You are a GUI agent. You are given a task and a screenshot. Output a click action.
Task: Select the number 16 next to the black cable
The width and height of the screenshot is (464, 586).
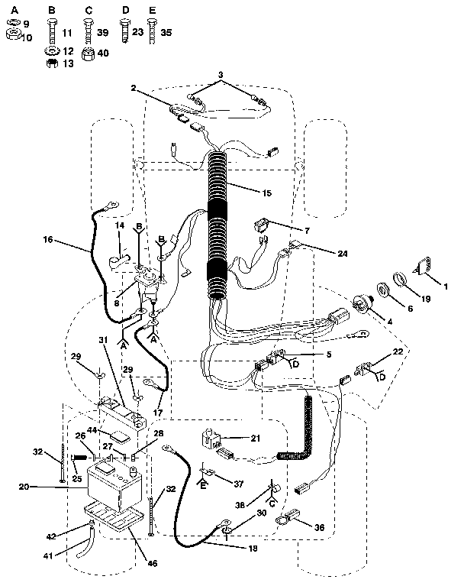pos(48,240)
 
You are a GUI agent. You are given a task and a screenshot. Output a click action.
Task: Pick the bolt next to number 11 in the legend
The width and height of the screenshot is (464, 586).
pos(51,31)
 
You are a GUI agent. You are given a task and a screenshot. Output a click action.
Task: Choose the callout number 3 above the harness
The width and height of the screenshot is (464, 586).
pos(221,75)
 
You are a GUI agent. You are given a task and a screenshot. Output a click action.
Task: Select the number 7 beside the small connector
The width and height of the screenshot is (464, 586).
pos(285,229)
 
